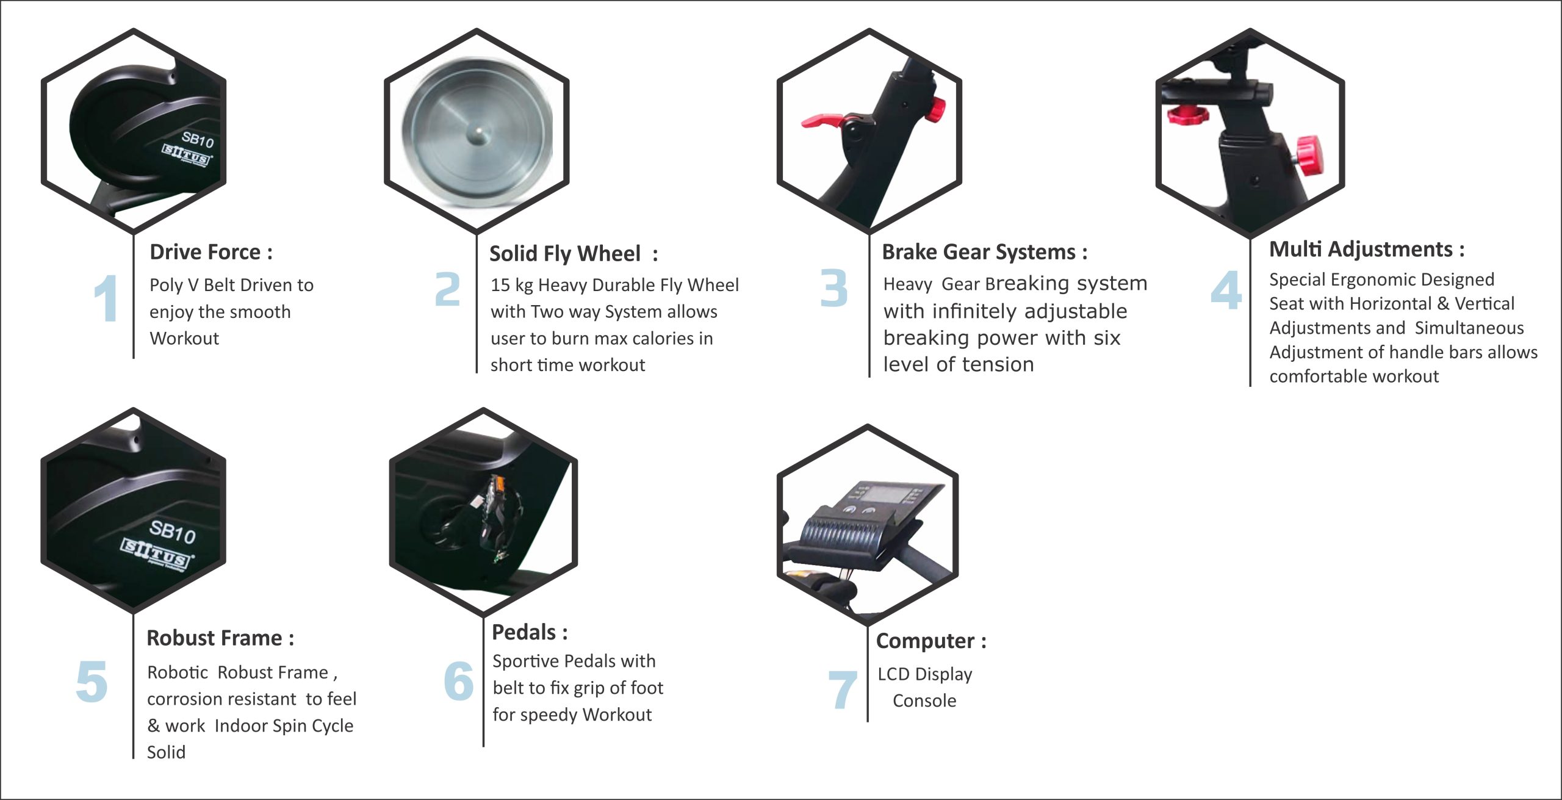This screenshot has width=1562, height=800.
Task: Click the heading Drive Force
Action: click(211, 252)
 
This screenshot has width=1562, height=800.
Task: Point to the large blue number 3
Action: click(833, 288)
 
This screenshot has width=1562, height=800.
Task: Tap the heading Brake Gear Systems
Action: click(984, 252)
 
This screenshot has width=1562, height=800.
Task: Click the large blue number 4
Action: click(1226, 290)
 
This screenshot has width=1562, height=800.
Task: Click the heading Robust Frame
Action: click(220, 638)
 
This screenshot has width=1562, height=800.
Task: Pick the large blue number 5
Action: click(92, 682)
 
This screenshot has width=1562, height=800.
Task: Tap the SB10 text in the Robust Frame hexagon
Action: click(173, 532)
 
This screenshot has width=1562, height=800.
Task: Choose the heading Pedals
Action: click(529, 632)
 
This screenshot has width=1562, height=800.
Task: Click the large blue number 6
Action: click(459, 680)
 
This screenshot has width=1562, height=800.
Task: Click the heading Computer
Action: click(930, 641)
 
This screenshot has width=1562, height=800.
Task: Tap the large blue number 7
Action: click(842, 690)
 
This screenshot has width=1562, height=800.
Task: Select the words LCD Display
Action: click(924, 674)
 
